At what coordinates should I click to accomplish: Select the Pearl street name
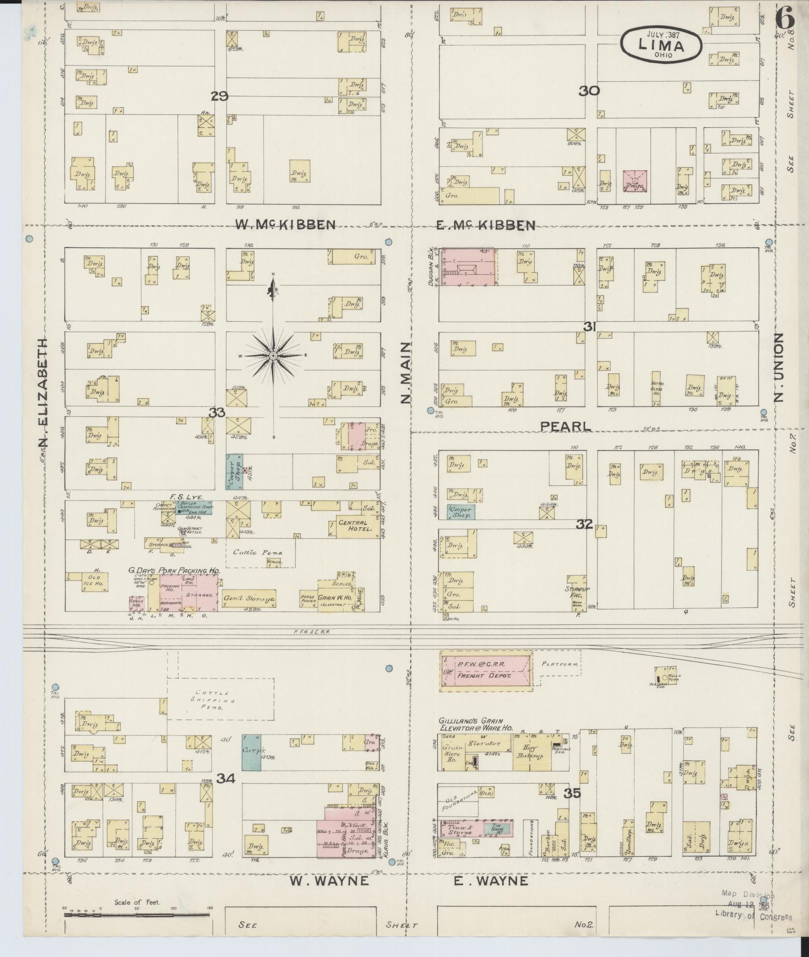click(566, 426)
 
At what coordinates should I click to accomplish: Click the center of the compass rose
click(273, 356)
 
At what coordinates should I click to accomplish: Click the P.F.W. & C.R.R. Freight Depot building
click(486, 670)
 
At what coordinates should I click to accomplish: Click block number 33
click(217, 412)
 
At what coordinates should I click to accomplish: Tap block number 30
click(589, 91)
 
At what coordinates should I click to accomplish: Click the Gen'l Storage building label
click(248, 599)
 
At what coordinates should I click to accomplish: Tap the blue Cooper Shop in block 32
click(461, 512)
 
